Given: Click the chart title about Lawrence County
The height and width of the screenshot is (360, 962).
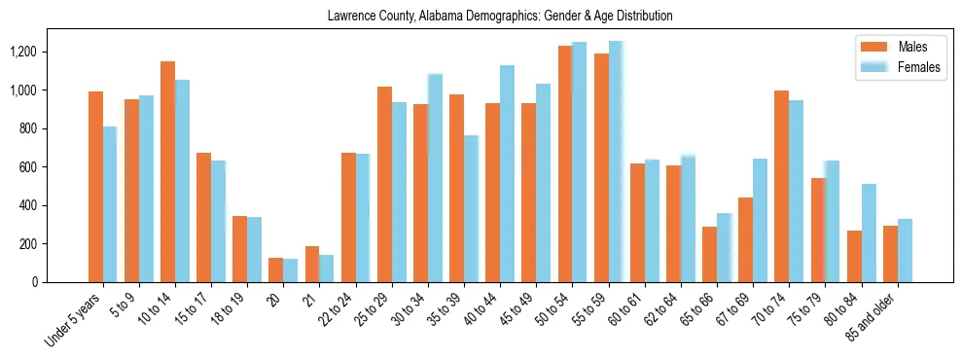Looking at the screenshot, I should click(x=500, y=17).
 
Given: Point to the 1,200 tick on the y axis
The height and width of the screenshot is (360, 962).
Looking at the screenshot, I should click(x=36, y=52).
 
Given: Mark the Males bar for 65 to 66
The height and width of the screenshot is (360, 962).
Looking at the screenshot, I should click(x=709, y=254).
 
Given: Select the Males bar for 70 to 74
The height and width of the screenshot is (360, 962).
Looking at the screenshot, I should click(x=781, y=186).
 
